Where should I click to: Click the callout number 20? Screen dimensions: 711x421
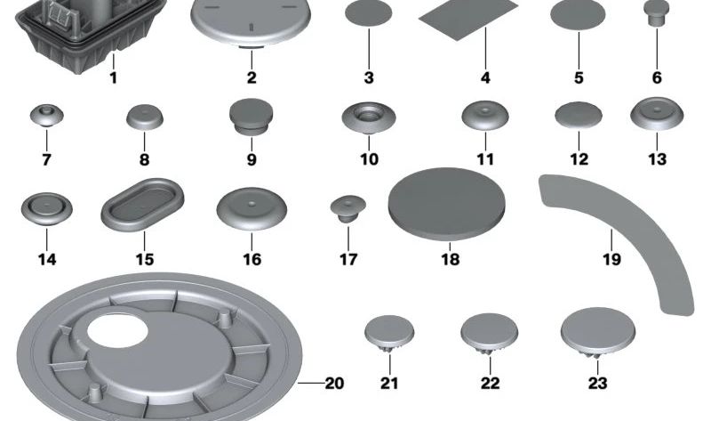tap(335, 384)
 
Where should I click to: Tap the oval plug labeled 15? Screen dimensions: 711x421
tap(142, 205)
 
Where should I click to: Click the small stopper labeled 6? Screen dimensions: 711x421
tap(657, 13)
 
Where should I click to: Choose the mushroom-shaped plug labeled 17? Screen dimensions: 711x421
tap(348, 209)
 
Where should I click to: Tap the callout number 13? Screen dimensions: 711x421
tap(657, 159)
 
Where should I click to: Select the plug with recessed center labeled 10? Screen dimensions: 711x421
tap(369, 118)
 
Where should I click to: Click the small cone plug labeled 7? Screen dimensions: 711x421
tap(47, 115)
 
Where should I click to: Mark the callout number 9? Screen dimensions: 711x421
tap(252, 159)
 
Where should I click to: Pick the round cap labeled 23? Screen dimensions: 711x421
tap(597, 333)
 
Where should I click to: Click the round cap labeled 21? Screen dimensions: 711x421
tap(389, 334)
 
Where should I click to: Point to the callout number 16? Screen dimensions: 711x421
tap(252, 259)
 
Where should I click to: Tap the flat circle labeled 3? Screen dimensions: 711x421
tap(369, 13)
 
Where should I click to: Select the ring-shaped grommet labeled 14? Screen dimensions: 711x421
tap(47, 210)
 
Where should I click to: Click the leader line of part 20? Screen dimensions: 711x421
tap(311, 384)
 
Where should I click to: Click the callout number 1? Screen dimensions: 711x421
tap(114, 77)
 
